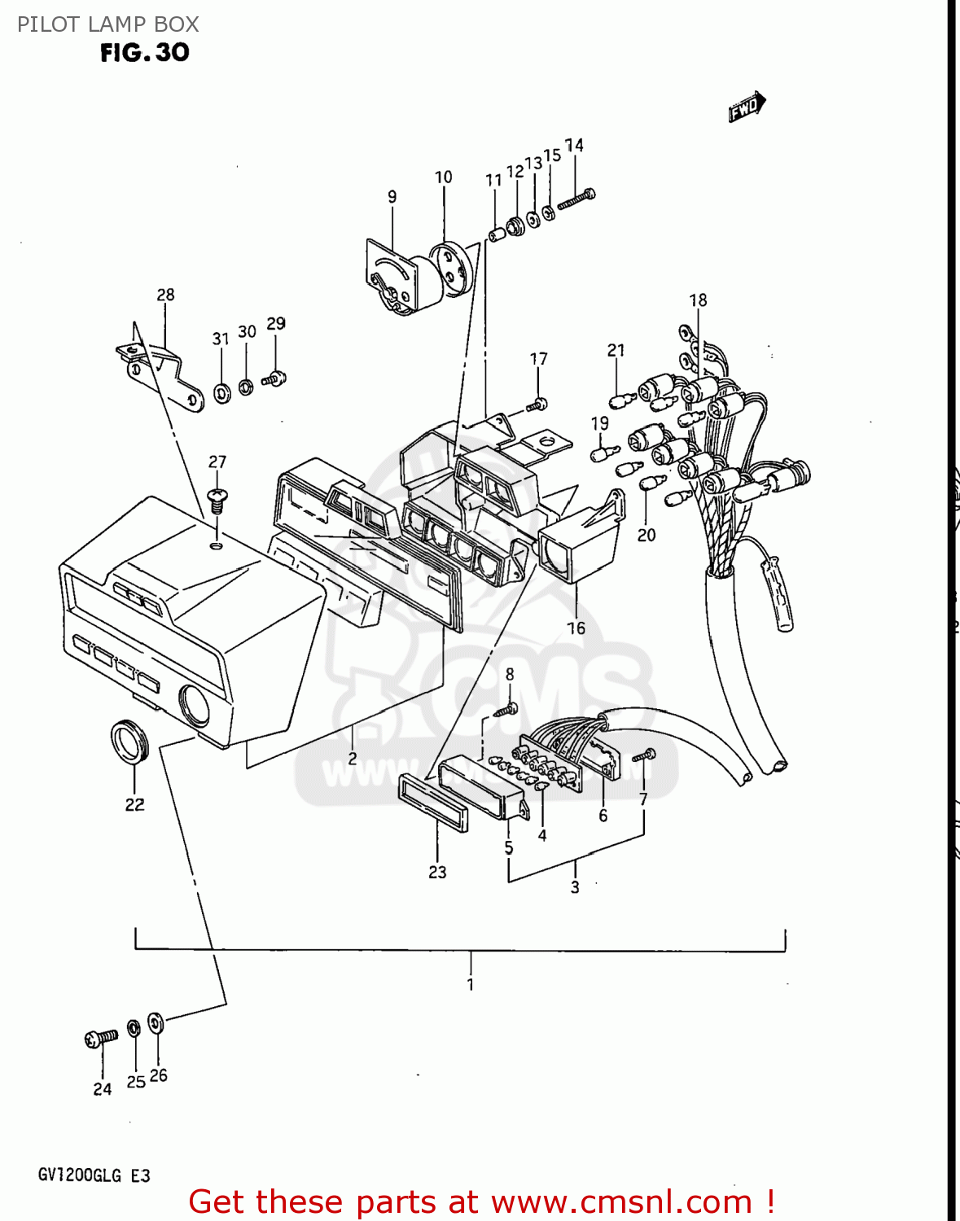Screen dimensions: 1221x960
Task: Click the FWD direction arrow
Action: click(747, 107)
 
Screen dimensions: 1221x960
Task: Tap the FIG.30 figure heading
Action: click(145, 53)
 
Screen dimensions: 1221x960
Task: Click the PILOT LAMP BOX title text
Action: click(108, 24)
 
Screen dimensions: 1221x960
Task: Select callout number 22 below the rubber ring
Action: click(134, 804)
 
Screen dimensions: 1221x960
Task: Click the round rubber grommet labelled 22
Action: click(129, 742)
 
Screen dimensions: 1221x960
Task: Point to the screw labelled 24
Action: click(100, 1038)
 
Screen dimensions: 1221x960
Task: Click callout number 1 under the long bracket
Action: click(471, 984)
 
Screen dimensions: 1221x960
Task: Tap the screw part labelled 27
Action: click(217, 499)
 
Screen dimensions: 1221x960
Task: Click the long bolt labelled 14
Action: click(576, 199)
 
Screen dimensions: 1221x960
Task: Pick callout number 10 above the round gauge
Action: click(443, 177)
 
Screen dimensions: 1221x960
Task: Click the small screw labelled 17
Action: click(538, 403)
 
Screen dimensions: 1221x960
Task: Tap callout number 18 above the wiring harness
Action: click(698, 300)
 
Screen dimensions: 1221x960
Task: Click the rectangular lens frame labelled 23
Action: click(433, 802)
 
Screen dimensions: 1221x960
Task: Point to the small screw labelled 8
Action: click(506, 709)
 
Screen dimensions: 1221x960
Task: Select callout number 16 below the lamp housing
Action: click(576, 628)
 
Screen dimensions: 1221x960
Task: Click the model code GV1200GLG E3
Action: click(94, 1175)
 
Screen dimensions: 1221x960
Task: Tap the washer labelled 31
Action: click(221, 394)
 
